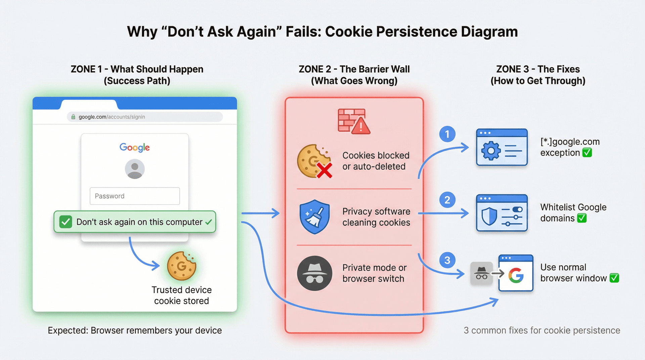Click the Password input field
point(135,196)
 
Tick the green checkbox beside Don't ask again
point(66,222)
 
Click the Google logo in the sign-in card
point(135,147)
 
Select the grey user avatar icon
point(135,169)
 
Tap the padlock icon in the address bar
point(73,117)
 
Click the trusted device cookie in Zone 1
point(181,266)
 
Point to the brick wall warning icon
point(354,121)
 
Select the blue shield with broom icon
point(314,217)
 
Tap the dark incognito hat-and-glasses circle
point(314,273)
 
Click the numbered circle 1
point(447,134)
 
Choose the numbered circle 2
point(447,200)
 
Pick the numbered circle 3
point(447,260)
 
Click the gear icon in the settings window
point(491,151)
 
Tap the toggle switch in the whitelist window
point(517,210)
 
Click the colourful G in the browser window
point(516,276)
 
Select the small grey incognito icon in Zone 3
point(481,273)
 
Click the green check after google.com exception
point(587,153)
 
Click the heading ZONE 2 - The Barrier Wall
point(354,69)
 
